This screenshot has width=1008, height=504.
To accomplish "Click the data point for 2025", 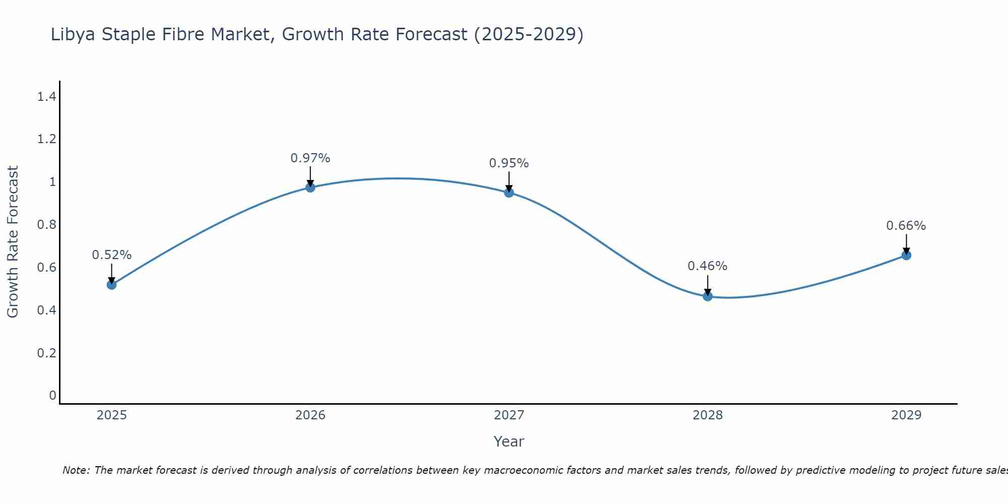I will (x=111, y=285).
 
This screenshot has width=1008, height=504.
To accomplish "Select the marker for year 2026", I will (x=310, y=187).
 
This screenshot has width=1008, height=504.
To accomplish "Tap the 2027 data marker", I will (x=509, y=192).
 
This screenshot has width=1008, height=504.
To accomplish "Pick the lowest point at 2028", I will (x=708, y=296).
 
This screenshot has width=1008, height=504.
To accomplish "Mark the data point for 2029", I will (x=906, y=255).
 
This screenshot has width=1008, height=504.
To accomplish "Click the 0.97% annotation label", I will (x=310, y=158).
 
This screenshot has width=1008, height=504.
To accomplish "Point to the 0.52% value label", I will (x=111, y=255).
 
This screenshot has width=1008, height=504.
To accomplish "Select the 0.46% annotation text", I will (x=708, y=266).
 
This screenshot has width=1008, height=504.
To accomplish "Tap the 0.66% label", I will (x=906, y=226).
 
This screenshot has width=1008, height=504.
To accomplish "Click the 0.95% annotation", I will (x=509, y=163).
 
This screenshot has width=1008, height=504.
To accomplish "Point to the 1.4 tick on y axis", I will (x=46, y=96).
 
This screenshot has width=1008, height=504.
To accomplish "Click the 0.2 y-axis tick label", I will (x=46, y=353).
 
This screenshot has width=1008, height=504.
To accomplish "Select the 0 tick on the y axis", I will (x=52, y=396).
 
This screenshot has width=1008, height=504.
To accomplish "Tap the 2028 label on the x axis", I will (x=708, y=415).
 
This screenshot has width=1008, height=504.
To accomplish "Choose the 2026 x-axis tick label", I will (x=310, y=415).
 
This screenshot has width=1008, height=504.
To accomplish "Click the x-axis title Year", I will (x=509, y=442).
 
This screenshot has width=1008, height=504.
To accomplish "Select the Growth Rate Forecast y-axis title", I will (x=13, y=242).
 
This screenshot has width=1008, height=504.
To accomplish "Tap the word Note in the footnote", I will (x=76, y=470).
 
